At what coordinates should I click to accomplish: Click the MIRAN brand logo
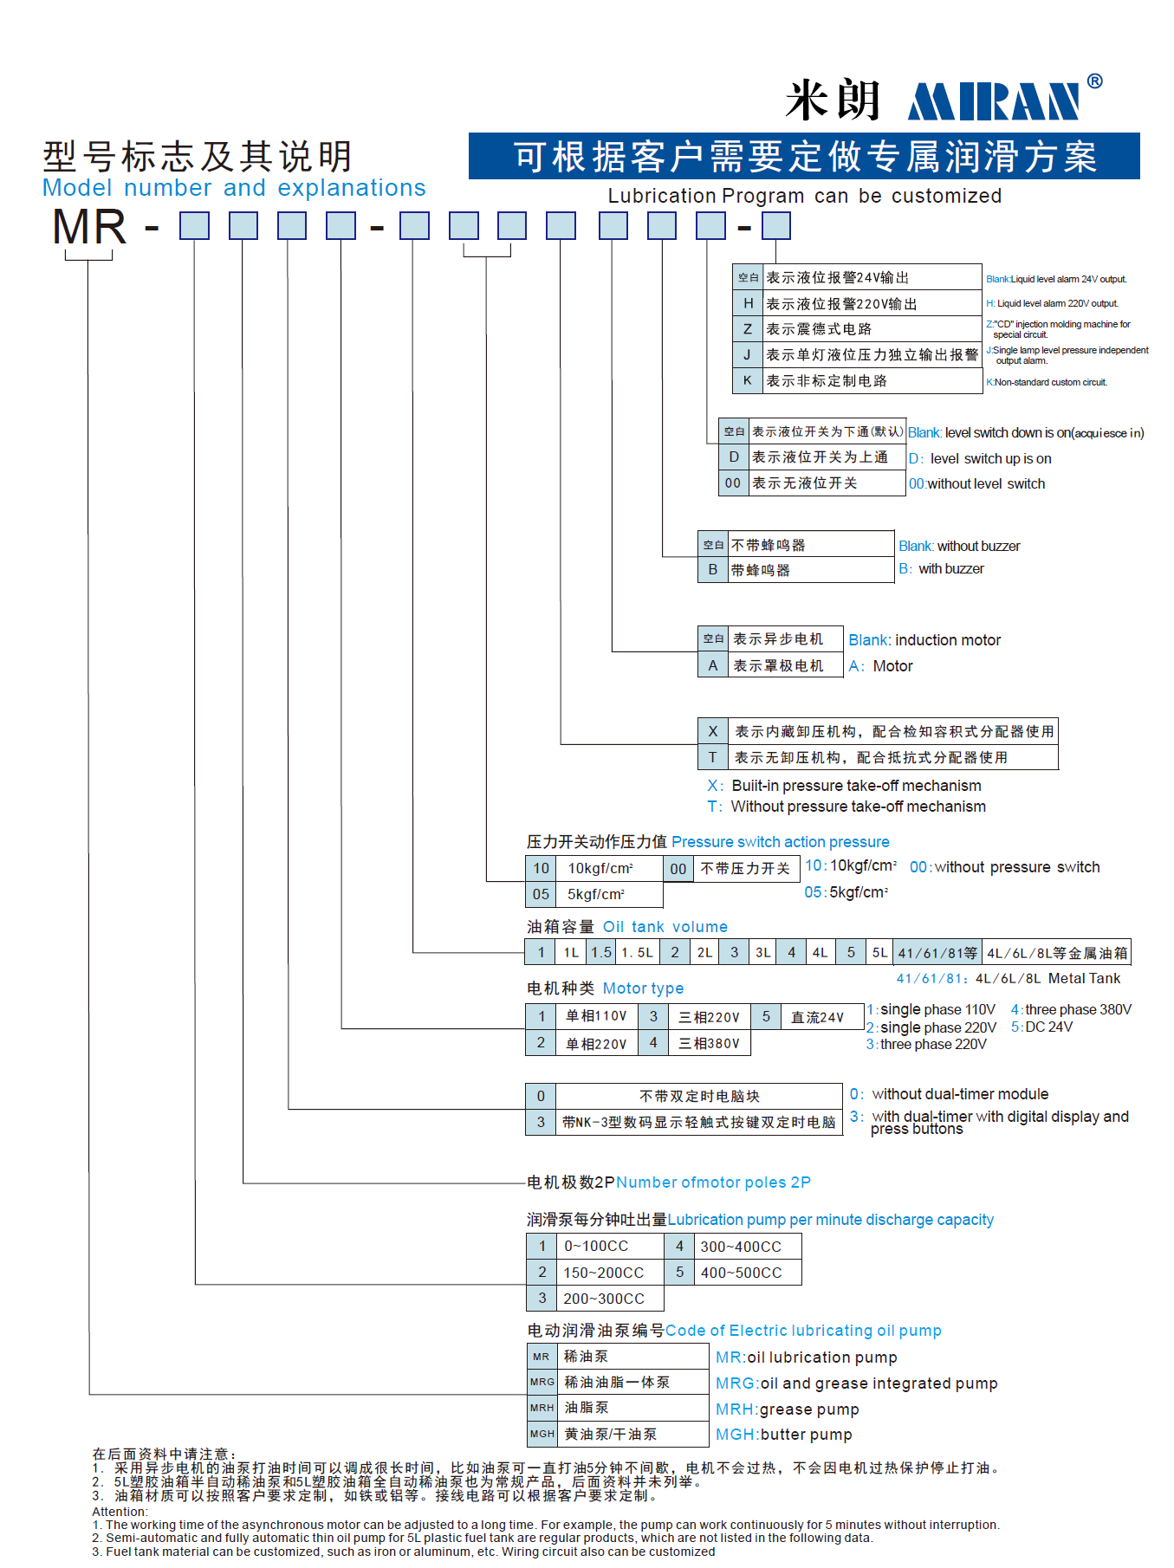pyautogui.click(x=994, y=101)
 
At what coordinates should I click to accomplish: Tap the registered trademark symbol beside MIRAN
pyautogui.click(x=1094, y=81)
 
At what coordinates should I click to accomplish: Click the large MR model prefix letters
pyautogui.click(x=89, y=228)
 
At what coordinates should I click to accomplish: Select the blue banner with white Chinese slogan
pyautogui.click(x=803, y=157)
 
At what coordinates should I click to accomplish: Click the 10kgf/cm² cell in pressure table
pyautogui.click(x=600, y=868)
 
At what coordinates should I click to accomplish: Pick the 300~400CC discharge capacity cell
pyautogui.click(x=741, y=1247)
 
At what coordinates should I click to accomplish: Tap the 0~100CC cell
pyautogui.click(x=596, y=1247)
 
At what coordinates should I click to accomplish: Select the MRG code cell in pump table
pyautogui.click(x=542, y=1383)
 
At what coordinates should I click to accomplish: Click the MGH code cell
pyautogui.click(x=542, y=1435)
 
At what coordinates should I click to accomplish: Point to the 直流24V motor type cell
pyautogui.click(x=817, y=1017)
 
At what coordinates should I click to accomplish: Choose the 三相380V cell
pyautogui.click(x=709, y=1044)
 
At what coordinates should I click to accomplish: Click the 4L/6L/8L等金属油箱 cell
pyautogui.click(x=1057, y=953)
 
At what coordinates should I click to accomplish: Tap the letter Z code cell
pyautogui.click(x=747, y=329)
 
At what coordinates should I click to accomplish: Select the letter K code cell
pyautogui.click(x=747, y=380)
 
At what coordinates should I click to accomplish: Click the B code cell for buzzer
pyautogui.click(x=712, y=570)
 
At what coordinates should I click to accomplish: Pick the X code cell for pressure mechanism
pyautogui.click(x=712, y=731)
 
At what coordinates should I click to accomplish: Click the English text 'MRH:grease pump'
pyautogui.click(x=787, y=1409)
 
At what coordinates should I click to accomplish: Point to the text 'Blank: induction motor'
pyautogui.click(x=924, y=640)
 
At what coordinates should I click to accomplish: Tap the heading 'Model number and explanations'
pyautogui.click(x=234, y=188)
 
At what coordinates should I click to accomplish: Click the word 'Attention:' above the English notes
pyautogui.click(x=120, y=1512)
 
